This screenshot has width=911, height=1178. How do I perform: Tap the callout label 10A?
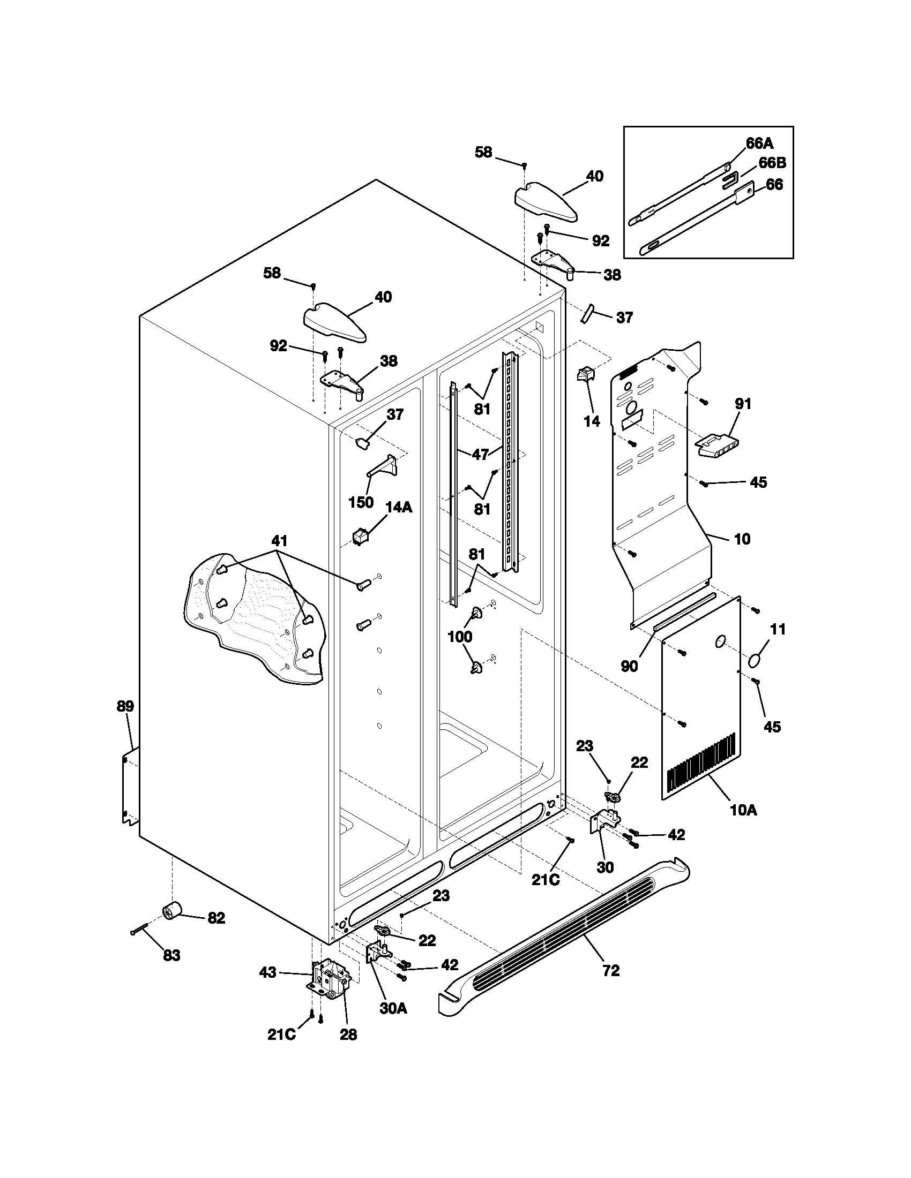743,825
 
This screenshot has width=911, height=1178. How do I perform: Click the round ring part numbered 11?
758,660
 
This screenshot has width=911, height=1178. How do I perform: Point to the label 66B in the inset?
772,162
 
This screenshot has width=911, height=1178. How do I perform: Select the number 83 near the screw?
171,955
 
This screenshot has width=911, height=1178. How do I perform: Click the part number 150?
361,502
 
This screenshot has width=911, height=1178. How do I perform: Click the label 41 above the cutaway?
279,540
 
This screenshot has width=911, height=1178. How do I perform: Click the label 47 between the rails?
480,455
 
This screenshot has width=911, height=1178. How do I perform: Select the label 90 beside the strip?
629,666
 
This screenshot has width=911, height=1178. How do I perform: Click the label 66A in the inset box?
760,143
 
